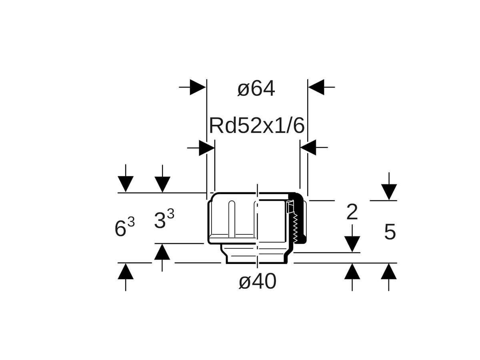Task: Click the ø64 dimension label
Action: point(256,88)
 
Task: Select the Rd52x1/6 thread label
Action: point(257,126)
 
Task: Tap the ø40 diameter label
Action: point(257,282)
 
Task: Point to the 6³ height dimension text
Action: point(124,226)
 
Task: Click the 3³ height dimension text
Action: point(164,218)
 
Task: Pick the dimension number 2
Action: point(352,212)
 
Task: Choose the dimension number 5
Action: point(390,232)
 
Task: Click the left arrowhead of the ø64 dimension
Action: point(198,87)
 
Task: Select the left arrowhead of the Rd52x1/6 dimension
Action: point(206,148)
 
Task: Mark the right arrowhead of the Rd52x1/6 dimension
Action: point(308,148)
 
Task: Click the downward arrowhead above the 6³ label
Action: point(126,184)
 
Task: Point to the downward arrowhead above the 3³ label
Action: point(162,184)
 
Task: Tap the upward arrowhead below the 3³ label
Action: point(162,252)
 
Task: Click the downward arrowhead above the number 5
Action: point(389,192)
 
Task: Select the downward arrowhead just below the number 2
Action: point(352,244)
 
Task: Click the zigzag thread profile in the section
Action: point(295,228)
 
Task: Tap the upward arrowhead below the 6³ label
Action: point(126,272)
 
